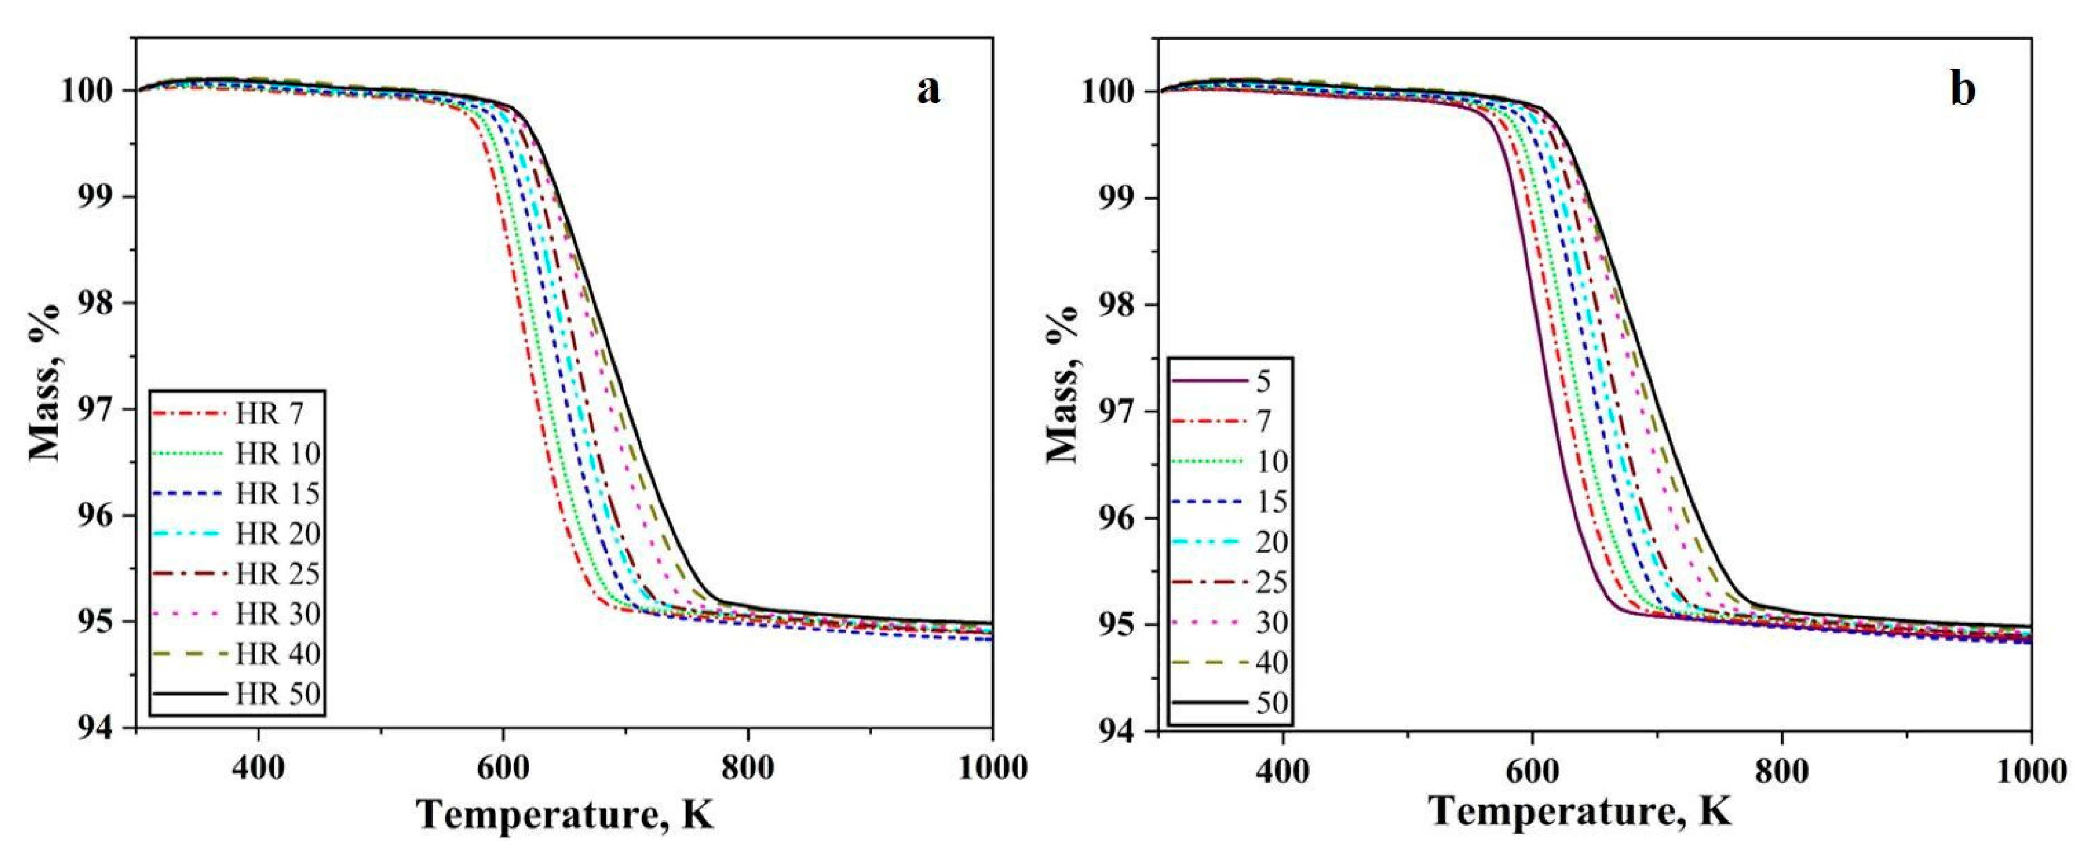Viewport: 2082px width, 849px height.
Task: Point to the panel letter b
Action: (1962, 89)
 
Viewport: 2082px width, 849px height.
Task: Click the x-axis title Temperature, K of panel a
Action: (566, 814)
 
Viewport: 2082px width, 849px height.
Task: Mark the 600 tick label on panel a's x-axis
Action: (502, 767)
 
